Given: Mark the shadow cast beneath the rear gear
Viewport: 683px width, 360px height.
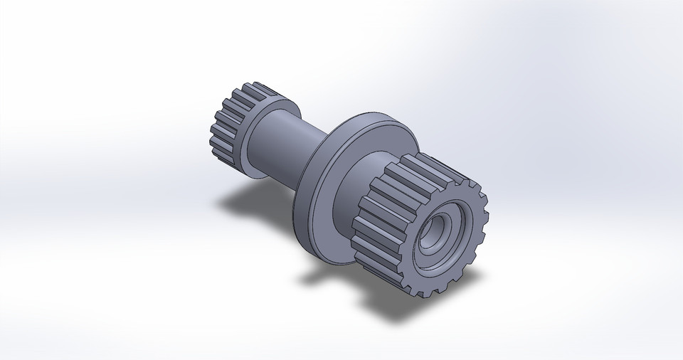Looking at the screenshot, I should point(235,203).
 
